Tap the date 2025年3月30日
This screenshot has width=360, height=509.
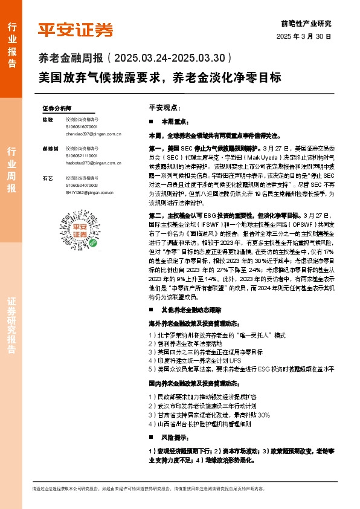pos(304,36)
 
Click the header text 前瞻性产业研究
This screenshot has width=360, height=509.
pos(306,24)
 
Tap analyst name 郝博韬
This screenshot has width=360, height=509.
pos(50,148)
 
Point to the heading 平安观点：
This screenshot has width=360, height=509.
pos(164,106)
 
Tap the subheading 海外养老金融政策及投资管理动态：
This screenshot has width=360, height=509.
pos(194,324)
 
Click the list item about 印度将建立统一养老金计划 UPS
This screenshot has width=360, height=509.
pos(191,359)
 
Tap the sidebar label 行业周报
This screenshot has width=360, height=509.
pos(11,170)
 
